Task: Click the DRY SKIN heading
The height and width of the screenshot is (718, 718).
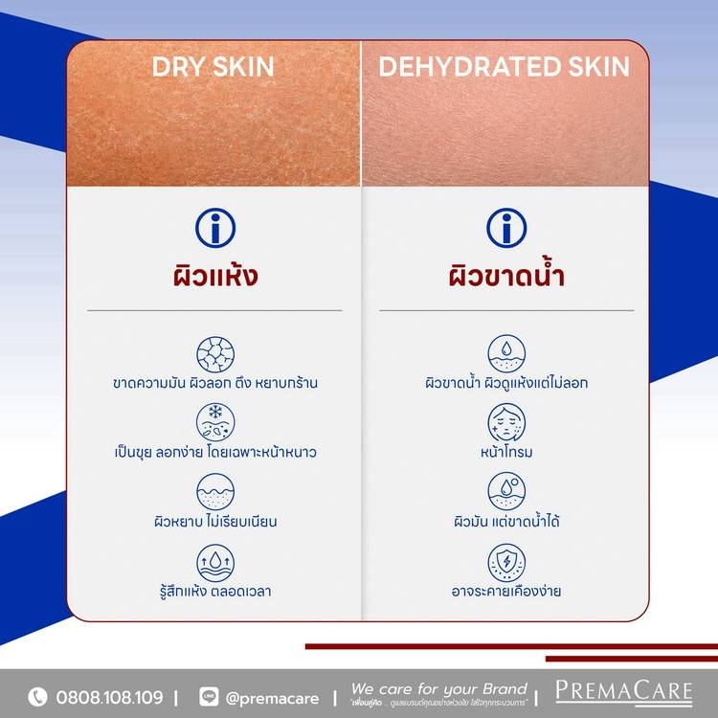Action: [x=213, y=66]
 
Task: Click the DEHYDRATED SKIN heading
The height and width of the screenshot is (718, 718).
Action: [x=505, y=66]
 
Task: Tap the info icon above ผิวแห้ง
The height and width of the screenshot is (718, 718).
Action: [x=215, y=228]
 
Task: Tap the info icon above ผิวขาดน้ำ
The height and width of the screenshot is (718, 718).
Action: [x=506, y=228]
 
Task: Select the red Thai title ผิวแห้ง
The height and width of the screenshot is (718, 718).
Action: [x=215, y=276]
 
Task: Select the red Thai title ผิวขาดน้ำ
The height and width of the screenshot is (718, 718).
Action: [x=506, y=273]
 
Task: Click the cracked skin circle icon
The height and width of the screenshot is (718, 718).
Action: [x=215, y=354]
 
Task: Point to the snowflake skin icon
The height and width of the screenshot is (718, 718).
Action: [x=215, y=422]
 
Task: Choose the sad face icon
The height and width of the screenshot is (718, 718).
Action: [x=506, y=422]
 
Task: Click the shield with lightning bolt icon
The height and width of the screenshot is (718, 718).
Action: [x=506, y=563]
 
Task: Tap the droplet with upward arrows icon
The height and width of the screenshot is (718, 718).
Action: [x=215, y=563]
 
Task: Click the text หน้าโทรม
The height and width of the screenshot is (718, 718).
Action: [x=506, y=452]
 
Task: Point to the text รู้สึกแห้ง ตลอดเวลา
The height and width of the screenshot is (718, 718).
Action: [x=215, y=591]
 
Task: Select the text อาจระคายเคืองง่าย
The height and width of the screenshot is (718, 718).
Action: [x=506, y=591]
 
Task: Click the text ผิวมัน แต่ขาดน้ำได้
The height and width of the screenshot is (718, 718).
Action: [x=506, y=521]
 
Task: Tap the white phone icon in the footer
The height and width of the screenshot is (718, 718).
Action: [x=37, y=697]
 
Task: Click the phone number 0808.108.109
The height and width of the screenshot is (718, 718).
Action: [x=109, y=697]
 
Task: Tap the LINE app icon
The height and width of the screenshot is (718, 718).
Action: [x=209, y=697]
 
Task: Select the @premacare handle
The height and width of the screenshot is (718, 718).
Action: [x=272, y=698]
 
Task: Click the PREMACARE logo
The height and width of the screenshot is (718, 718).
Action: [x=624, y=693]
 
